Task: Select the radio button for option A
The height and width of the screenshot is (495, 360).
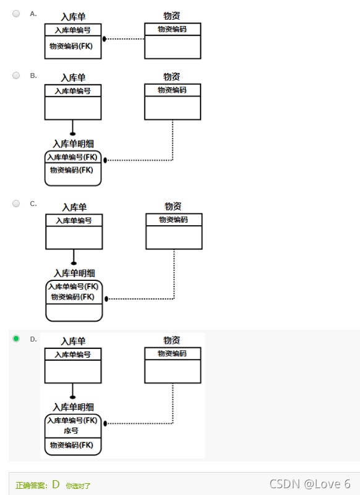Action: coord(17,13)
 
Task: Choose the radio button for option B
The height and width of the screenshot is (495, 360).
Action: coord(17,75)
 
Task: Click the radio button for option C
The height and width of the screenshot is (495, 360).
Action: coord(17,203)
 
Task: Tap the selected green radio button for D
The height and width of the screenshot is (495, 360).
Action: coord(17,338)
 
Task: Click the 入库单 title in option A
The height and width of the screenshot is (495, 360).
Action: coord(73,16)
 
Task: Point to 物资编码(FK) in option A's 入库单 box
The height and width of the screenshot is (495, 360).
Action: coord(71,46)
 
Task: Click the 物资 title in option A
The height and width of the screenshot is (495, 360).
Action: coord(172,15)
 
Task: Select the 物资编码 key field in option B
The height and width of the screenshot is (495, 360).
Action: coord(172,90)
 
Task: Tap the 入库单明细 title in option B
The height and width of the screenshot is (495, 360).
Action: coord(73,144)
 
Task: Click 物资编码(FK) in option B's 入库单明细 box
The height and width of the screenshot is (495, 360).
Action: coord(72,170)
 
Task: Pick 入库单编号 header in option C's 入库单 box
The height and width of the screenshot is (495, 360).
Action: coord(74,220)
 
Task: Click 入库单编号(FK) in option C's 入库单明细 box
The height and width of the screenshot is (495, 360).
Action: coord(74,286)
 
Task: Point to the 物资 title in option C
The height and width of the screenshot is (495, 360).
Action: coord(173,206)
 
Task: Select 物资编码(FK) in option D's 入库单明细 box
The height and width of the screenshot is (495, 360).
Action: coord(72,445)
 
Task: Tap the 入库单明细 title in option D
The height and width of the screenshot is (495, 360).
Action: coord(73,407)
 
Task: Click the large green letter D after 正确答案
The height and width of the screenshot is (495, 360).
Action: coord(56,484)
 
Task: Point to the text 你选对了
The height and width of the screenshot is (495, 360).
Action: coord(78,486)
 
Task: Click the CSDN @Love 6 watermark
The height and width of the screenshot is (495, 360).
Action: coord(310,484)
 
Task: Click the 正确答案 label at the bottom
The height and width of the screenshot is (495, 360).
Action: coord(32,486)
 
